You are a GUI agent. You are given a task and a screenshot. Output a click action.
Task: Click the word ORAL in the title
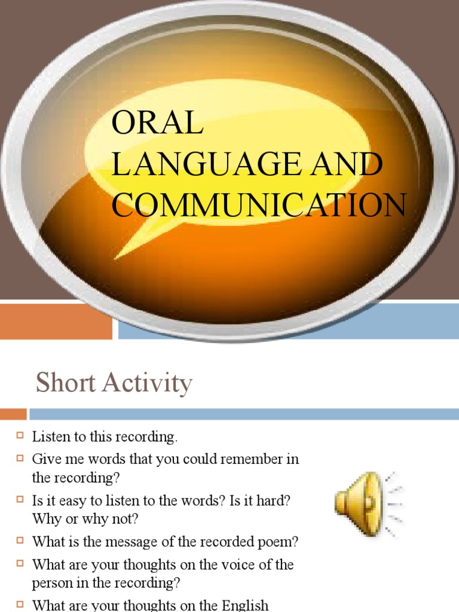[157, 124]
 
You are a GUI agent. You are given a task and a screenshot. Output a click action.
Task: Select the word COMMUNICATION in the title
[259, 204]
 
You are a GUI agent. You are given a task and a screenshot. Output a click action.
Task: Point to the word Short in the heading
[65, 382]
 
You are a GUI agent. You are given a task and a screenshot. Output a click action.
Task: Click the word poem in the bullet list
[281, 542]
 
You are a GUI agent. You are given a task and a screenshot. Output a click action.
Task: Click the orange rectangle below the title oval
[56, 322]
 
